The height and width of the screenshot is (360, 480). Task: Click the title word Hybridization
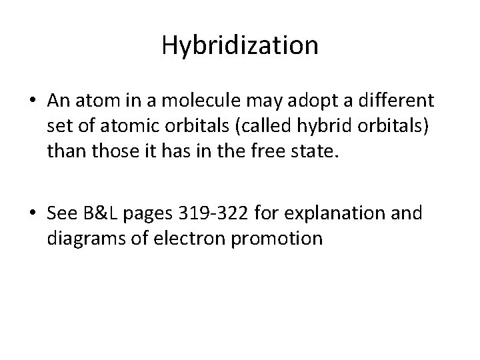pyautogui.click(x=240, y=45)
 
